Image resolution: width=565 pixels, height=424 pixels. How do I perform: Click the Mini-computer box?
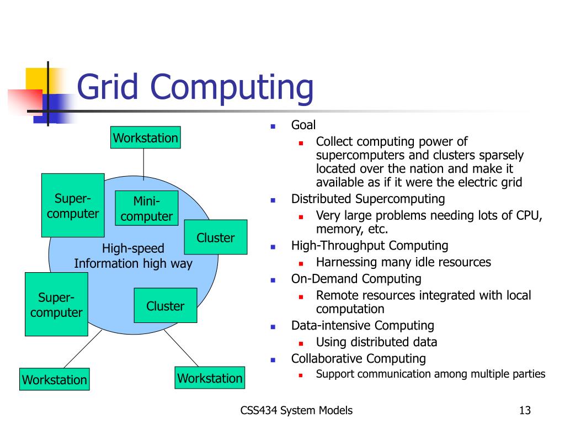146,208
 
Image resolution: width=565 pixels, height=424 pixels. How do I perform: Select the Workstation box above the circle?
146,137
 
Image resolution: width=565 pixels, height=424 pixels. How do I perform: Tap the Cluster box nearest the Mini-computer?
215,237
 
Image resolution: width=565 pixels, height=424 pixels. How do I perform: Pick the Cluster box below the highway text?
165,305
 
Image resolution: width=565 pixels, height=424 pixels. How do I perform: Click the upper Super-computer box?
73,205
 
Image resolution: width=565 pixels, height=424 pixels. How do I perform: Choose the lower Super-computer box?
56,305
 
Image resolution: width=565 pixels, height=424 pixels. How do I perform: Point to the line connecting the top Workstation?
144,164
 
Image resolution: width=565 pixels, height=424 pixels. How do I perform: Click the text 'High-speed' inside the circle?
133,248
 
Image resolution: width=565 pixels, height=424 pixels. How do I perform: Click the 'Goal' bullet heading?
303,125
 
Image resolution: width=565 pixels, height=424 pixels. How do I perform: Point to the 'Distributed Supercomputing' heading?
367,199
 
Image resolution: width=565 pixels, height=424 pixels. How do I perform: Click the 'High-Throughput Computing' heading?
370,246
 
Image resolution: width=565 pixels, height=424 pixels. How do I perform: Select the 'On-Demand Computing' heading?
356,279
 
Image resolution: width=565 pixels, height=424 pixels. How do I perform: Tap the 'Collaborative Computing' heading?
359,358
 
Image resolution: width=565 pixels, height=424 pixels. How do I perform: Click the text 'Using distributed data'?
376,342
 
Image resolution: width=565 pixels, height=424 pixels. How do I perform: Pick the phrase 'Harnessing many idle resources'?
403,262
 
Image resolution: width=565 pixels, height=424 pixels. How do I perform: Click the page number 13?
525,410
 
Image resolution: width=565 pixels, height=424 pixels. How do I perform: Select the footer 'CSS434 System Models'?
297,410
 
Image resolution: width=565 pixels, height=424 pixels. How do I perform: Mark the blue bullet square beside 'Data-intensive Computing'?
273,326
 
